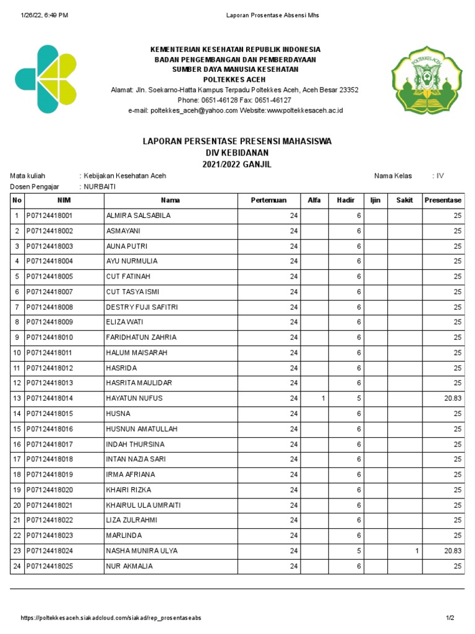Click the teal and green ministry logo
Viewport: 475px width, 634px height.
tap(46, 79)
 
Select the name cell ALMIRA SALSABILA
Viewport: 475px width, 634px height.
tap(139, 215)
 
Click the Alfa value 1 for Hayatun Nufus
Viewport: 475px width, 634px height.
tap(323, 398)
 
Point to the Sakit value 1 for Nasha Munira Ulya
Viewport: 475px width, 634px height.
tap(417, 550)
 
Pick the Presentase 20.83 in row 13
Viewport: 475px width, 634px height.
tap(453, 398)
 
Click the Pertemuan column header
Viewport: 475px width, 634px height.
tap(268, 200)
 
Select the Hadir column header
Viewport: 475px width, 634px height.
tap(346, 200)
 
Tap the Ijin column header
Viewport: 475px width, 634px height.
tap(375, 200)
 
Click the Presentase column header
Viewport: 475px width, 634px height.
tap(443, 200)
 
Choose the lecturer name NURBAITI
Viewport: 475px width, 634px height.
tap(100, 186)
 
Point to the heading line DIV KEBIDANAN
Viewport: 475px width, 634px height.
tap(237, 152)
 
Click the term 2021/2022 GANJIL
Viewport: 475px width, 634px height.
tap(237, 164)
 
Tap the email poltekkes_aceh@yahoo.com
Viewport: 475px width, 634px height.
tap(194, 110)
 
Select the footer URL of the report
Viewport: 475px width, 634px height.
tap(111, 618)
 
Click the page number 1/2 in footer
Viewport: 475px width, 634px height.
tap(450, 618)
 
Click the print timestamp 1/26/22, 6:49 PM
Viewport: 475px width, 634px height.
tap(44, 14)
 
